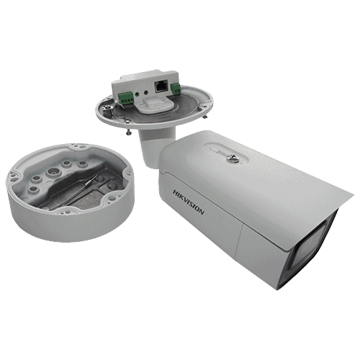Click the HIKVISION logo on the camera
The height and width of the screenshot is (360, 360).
pyautogui.click(x=189, y=202)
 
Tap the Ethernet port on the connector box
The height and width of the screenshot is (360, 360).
pyautogui.click(x=161, y=86)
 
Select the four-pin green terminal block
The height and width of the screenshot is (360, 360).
pyautogui.click(x=125, y=99)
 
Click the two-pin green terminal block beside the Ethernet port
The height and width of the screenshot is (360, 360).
pyautogui.click(x=176, y=89)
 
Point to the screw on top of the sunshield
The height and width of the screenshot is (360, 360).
pyautogui.click(x=233, y=158)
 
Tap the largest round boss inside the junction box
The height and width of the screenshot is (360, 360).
pyautogui.click(x=52, y=172)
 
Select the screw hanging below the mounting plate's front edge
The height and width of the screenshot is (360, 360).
pyautogui.click(x=129, y=132)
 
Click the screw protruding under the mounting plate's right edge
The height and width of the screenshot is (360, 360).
pyautogui.click(x=205, y=116)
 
